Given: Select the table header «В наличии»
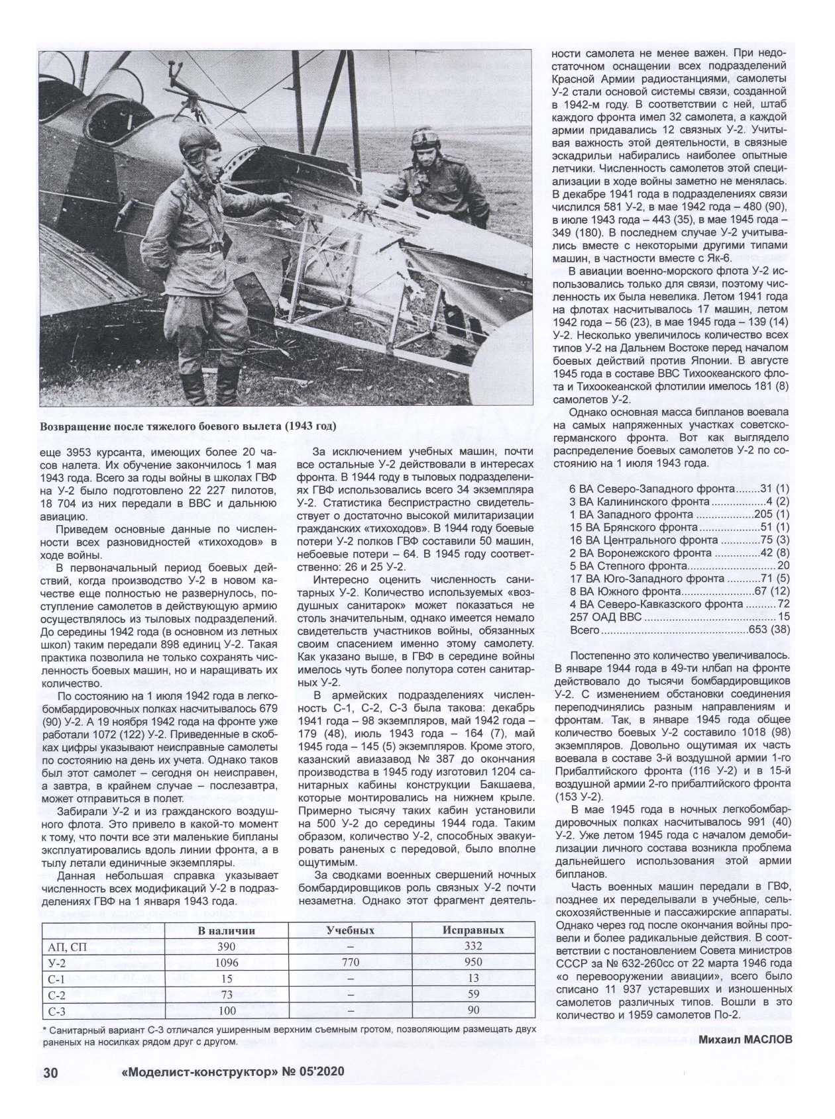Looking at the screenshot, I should pos(227,930).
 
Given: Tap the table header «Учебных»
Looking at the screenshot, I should pos(351,930).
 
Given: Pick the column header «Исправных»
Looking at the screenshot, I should pos(473,930).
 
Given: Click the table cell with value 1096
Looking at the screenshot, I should pos(227,962).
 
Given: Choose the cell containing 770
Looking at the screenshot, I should pos(351,962).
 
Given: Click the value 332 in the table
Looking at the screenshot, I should pos(473,946).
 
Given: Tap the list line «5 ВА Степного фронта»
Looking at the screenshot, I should pos(679,566).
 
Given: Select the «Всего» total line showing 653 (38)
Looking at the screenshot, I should pos(679,630).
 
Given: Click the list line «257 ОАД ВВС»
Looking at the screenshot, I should pos(679,617).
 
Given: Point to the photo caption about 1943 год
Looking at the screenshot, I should pos(188,426).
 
